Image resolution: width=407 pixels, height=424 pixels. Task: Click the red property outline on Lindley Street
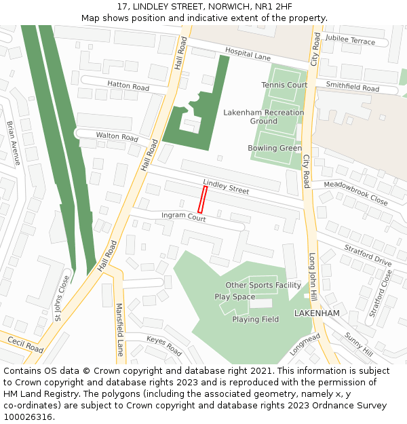click(202, 200)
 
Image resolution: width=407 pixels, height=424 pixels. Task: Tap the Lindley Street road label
click(226, 187)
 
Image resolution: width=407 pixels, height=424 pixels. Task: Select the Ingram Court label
click(183, 217)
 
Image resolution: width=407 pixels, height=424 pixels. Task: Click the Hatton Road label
click(128, 86)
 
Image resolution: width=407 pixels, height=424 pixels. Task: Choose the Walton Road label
click(117, 136)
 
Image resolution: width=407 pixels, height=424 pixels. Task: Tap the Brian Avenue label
click(14, 143)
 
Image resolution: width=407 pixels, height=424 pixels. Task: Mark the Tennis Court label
click(284, 85)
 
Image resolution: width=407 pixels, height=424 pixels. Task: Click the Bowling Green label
click(275, 148)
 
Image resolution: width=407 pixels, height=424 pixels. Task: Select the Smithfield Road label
click(352, 87)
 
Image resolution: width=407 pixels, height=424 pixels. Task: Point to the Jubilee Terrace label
click(350, 41)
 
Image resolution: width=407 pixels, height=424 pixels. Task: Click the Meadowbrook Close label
click(355, 193)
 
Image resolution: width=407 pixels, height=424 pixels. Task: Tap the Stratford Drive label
click(368, 256)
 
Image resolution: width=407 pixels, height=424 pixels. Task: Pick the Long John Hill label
click(313, 273)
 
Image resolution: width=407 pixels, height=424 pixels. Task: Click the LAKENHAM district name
click(316, 313)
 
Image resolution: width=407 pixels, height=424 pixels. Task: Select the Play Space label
click(235, 296)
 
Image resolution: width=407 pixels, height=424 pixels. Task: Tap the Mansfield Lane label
click(120, 329)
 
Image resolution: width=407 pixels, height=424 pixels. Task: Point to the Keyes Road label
click(164, 345)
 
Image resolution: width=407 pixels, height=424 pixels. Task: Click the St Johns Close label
click(62, 297)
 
